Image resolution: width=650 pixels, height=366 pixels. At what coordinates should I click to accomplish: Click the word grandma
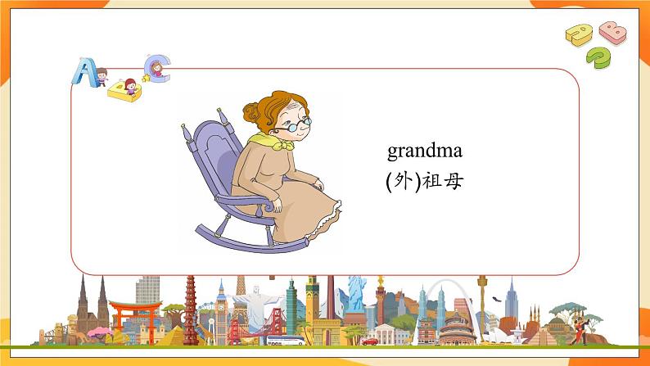coord(425,151)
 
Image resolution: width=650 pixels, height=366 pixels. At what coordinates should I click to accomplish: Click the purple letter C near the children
coord(156,66)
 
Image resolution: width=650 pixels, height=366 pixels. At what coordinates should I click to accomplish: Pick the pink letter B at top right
coord(612,32)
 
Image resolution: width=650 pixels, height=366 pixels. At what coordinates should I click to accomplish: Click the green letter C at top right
coord(599,56)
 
